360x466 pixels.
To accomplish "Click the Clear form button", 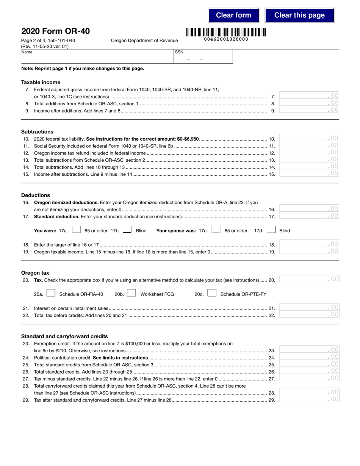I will pos(233,15).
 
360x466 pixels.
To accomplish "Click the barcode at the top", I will pos(226,32).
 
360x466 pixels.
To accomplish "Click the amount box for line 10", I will pos(309,139).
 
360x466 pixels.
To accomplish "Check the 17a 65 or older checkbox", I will pos(76,230).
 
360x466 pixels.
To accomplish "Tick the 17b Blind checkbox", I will pos(127,230).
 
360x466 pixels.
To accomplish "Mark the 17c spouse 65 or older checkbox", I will pos(216,230).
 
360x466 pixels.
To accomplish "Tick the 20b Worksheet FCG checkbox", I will pos(131,293).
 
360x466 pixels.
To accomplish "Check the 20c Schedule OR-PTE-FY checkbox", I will pos(212,293).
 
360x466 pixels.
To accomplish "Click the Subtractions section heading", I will pos(37,132).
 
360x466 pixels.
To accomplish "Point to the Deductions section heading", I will pos(36,195).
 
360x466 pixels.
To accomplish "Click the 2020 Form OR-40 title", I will pos(55,31).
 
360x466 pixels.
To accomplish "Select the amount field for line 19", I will pos(309,251).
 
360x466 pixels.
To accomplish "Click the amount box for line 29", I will pos(309,399).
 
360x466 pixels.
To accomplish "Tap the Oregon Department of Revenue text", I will pos(144,41).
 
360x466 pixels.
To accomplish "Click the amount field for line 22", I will pos(309,314).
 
